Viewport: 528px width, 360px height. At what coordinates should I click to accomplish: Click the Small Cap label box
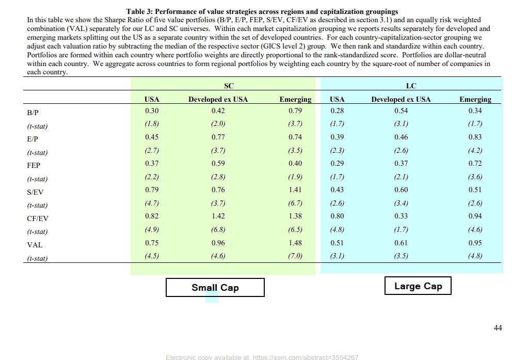(215, 288)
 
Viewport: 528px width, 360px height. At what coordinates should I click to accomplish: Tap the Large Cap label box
(418, 286)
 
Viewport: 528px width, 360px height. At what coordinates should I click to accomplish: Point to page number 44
(498, 327)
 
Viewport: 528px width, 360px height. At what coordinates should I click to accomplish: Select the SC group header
(229, 86)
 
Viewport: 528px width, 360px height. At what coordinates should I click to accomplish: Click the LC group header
(411, 86)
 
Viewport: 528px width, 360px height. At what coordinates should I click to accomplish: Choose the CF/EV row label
(37, 218)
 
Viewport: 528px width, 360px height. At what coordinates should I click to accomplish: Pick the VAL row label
(35, 245)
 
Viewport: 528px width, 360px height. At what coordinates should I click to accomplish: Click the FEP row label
(34, 165)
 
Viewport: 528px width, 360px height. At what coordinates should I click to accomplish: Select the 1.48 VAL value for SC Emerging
(295, 243)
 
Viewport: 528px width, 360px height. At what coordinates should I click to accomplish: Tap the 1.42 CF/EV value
(218, 216)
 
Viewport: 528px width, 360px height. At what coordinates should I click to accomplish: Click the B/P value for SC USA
(152, 111)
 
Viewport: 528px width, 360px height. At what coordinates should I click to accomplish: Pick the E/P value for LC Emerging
(475, 137)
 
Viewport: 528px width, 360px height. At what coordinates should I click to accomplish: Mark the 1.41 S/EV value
(295, 190)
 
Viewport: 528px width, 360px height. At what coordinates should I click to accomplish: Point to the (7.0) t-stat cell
(295, 256)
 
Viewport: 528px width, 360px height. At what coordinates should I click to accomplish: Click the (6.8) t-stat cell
(218, 229)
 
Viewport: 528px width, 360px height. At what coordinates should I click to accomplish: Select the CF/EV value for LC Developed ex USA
(401, 216)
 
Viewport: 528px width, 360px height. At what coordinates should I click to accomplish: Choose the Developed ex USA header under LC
(401, 99)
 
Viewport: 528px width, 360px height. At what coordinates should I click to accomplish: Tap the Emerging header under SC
(295, 99)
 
